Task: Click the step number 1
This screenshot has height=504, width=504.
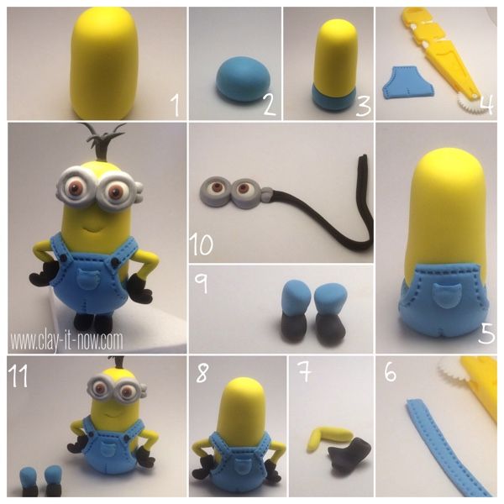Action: pos(175,105)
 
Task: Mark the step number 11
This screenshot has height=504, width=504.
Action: pos(18,375)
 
